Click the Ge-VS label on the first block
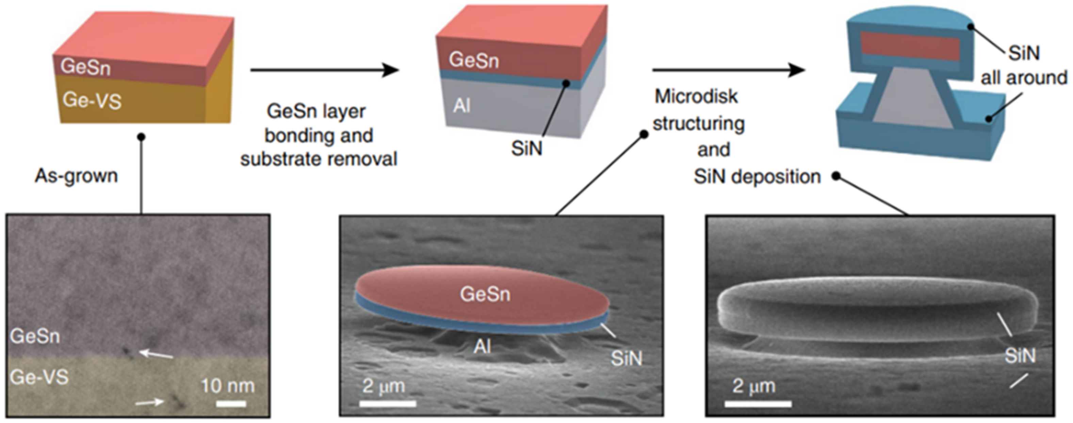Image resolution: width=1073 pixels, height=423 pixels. [92, 101]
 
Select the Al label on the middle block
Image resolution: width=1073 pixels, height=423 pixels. [461, 106]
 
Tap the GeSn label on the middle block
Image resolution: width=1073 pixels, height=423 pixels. [474, 60]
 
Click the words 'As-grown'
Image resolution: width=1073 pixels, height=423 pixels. [76, 176]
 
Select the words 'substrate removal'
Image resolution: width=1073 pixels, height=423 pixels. [319, 159]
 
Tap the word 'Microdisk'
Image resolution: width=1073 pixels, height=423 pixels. [696, 96]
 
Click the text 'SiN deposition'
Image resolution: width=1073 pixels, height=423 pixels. [757, 177]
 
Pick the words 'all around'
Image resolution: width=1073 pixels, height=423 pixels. [1023, 78]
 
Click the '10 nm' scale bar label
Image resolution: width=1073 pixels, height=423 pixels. [228, 386]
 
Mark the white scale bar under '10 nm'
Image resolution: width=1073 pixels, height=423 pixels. [231, 403]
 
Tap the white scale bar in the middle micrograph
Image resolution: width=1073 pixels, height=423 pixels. [388, 403]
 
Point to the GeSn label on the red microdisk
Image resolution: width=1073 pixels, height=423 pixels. [485, 294]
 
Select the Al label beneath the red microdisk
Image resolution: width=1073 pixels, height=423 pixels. [482, 346]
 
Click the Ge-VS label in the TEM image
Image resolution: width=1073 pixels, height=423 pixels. [39, 377]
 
